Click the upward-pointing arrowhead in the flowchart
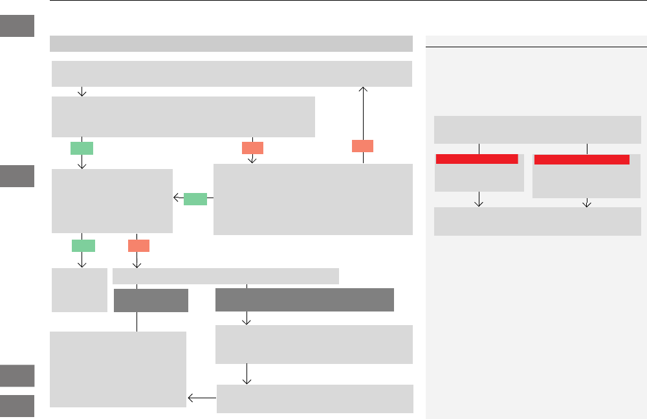pyautogui.click(x=364, y=91)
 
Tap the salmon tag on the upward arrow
pyautogui.click(x=363, y=146)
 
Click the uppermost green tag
pyautogui.click(x=82, y=148)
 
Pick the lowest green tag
pyautogui.click(x=83, y=245)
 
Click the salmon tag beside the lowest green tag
pyautogui.click(x=138, y=245)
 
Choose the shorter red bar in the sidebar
pyautogui.click(x=477, y=159)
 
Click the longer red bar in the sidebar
pyautogui.click(x=582, y=159)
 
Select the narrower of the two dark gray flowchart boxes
pyautogui.click(x=151, y=300)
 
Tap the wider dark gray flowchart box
pyautogui.click(x=304, y=300)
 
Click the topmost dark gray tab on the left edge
pyautogui.click(x=17, y=27)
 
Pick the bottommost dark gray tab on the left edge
pyautogui.click(x=17, y=405)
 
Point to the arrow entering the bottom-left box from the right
pyautogui.click(x=201, y=398)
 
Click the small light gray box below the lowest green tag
pyautogui.click(x=80, y=290)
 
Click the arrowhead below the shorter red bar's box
pyautogui.click(x=479, y=203)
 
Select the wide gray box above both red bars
pyautogui.click(x=537, y=130)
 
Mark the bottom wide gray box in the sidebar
pyautogui.click(x=537, y=221)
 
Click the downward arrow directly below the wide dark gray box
pyautogui.click(x=247, y=320)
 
